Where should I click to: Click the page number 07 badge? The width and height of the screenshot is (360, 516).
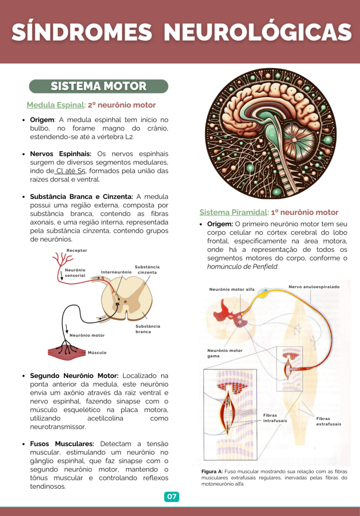pyautogui.click(x=172, y=497)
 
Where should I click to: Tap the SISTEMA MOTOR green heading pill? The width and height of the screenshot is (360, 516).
pyautogui.click(x=98, y=86)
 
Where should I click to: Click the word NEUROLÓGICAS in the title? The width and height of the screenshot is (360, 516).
pyautogui.click(x=258, y=32)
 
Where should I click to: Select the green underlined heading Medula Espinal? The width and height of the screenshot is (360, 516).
pyautogui.click(x=55, y=105)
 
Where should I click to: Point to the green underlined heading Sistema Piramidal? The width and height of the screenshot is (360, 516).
pyautogui.click(x=233, y=212)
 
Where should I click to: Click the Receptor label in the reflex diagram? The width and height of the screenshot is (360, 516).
pyautogui.click(x=76, y=250)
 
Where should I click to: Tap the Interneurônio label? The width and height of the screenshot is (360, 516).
pyautogui.click(x=116, y=272)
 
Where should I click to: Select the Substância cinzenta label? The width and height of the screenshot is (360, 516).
pyautogui.click(x=147, y=270)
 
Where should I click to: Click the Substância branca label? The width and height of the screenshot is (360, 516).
pyautogui.click(x=148, y=329)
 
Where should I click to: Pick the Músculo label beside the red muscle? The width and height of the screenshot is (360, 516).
pyautogui.click(x=97, y=352)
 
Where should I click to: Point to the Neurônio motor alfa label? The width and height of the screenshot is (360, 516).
pyautogui.click(x=232, y=289)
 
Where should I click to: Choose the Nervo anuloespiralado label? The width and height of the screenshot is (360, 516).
pyautogui.click(x=314, y=287)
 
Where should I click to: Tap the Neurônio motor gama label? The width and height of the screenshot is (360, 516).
pyautogui.click(x=225, y=353)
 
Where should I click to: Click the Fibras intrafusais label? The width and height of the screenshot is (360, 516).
pyautogui.click(x=275, y=418)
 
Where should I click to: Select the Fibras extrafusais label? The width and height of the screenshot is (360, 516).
pyautogui.click(x=329, y=421)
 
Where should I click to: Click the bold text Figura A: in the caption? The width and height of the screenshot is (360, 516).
pyautogui.click(x=212, y=471)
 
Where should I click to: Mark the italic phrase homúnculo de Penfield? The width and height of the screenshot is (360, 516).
pyautogui.click(x=243, y=266)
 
